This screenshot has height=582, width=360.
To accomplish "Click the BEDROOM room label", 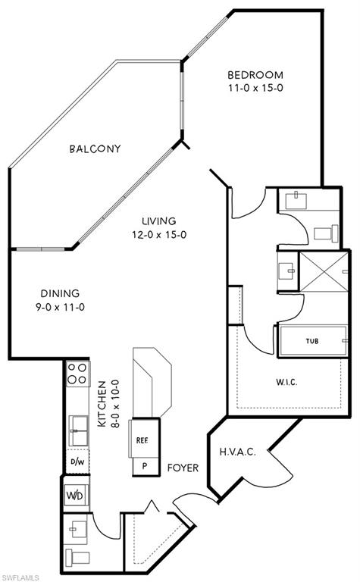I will pyautogui.click(x=255, y=75).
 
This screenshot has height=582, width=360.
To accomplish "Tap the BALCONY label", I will pyautogui.click(x=95, y=149).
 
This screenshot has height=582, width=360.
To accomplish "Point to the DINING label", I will pyautogui.click(x=61, y=293).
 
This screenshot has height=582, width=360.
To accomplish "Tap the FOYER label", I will pyautogui.click(x=183, y=468).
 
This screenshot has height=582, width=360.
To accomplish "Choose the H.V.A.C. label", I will pyautogui.click(x=238, y=452).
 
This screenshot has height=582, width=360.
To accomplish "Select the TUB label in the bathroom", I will pyautogui.click(x=311, y=341).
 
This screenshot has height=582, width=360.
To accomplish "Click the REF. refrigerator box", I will pyautogui.click(x=142, y=440).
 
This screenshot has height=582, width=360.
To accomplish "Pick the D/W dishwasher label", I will pyautogui.click(x=77, y=461).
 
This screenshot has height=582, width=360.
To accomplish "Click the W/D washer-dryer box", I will pyautogui.click(x=77, y=496).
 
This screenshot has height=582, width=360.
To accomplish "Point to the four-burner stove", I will pyautogui.click(x=77, y=374).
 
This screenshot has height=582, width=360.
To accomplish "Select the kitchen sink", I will pyautogui.click(x=77, y=430).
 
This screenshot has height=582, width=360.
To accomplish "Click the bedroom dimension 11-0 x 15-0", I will pyautogui.click(x=255, y=88).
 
